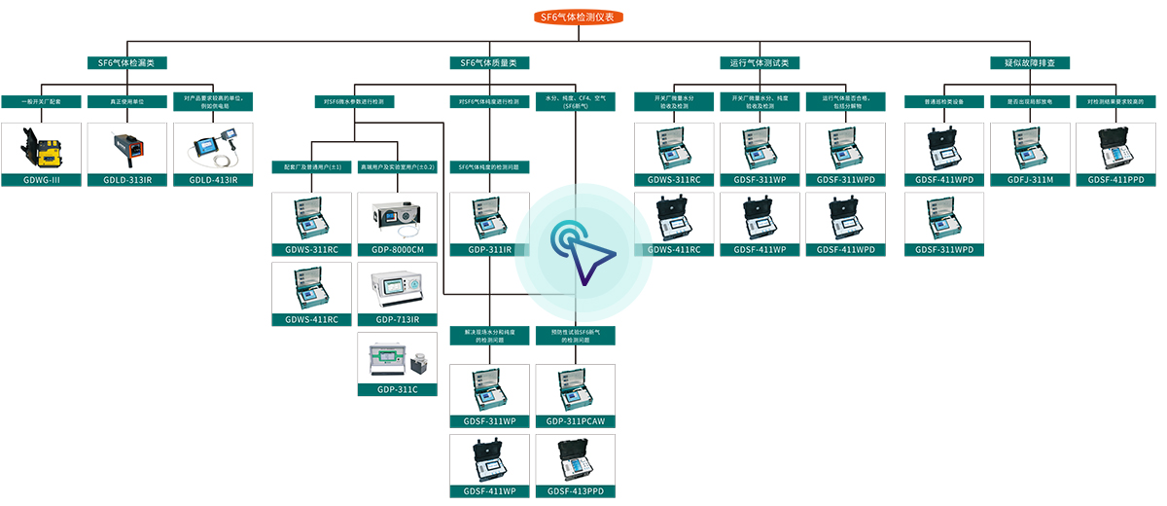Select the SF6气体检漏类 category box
coord(126,62)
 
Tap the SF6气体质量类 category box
coord(489,62)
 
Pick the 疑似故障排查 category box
coord(1029,62)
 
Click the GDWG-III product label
coord(41,180)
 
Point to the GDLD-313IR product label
coord(127,180)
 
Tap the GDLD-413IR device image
coord(213,148)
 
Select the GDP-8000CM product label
coord(398,250)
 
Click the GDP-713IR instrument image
coord(398,288)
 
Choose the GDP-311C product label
coord(398,389)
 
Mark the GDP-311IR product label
coord(489,250)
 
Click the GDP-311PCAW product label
coord(576,421)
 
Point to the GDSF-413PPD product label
coord(576,491)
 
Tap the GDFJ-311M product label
coord(1030,180)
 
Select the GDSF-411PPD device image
coord(1115,148)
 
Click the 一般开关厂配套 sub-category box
coord(41,101)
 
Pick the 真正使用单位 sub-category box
coord(127,101)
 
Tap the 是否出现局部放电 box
coord(1030,101)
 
